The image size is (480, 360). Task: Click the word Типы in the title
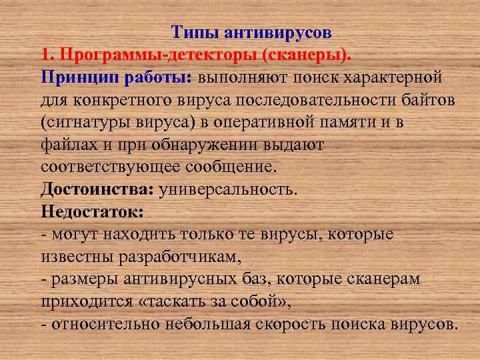point(193,31)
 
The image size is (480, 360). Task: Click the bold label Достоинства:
point(97,189)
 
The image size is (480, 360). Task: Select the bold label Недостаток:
point(91,212)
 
